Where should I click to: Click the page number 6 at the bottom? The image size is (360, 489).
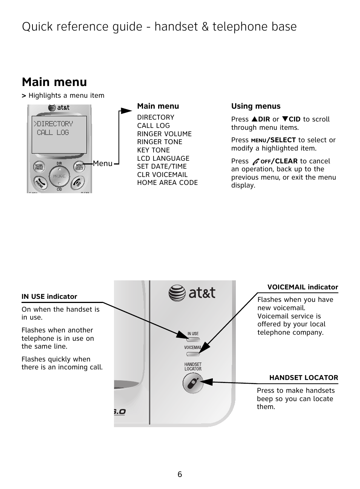180,474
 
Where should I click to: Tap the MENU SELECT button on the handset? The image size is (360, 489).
79,167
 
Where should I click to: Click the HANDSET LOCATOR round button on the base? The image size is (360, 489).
193,383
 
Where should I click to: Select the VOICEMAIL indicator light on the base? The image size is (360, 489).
192,354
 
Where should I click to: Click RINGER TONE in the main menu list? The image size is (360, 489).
160,142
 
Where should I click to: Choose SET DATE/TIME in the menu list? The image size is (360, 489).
162,166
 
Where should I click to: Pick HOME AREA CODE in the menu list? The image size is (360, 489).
167,183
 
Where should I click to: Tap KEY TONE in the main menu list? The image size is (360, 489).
153,150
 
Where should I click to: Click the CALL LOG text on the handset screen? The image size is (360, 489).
53,132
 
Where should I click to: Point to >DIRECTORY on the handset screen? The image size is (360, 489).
53,124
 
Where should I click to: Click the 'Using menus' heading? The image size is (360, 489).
256,106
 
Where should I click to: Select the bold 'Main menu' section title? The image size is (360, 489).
54,82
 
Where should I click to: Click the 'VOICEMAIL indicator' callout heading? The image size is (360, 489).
303,287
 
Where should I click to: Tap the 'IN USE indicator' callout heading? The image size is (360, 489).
49,297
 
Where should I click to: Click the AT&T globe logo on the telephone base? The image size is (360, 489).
177,293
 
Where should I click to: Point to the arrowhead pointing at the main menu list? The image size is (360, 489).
126,111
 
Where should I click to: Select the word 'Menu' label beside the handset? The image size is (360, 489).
103,163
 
